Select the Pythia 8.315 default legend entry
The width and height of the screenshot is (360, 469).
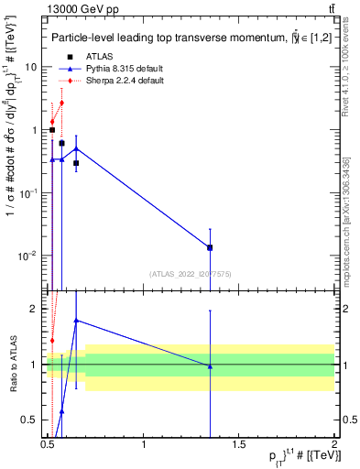click(x=124, y=69)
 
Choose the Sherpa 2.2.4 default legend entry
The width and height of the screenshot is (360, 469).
click(x=124, y=81)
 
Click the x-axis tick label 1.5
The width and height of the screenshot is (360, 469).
click(x=240, y=444)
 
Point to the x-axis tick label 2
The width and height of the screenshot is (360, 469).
click(x=335, y=444)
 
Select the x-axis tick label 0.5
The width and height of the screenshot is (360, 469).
click(x=48, y=444)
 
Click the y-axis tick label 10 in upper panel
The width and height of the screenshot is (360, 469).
click(x=31, y=67)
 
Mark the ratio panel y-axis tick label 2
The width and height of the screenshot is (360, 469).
click(x=37, y=309)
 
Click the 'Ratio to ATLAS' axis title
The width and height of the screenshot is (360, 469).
click(x=11, y=364)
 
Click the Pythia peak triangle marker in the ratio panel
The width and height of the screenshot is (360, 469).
click(x=76, y=321)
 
